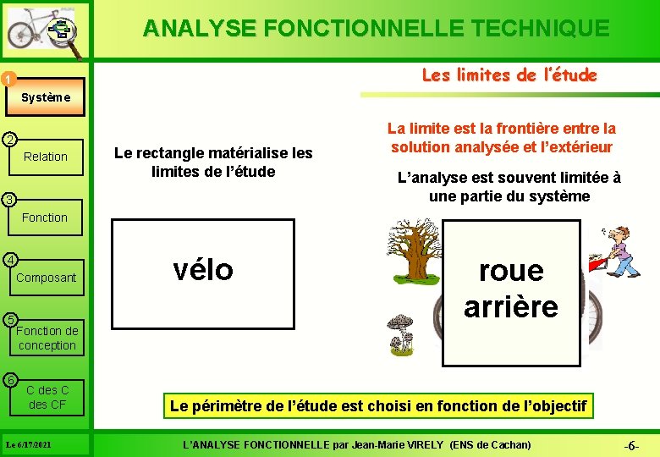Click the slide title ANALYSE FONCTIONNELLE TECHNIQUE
376,28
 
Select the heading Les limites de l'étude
509,75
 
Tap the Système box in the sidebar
46,97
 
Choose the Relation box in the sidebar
46,157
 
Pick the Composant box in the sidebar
46,278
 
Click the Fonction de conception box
47,338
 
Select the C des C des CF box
47,397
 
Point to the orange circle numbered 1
8,80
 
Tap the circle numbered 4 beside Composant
8,259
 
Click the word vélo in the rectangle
202,269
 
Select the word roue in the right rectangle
510,271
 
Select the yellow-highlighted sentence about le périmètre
378,406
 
